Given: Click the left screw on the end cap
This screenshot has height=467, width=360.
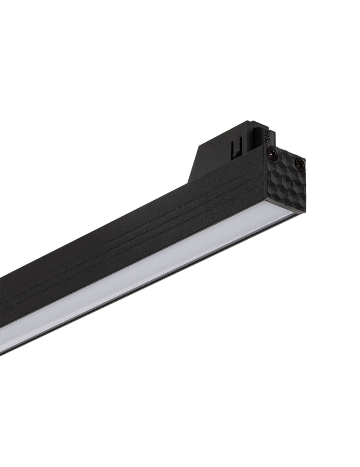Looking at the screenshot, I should click(271, 151).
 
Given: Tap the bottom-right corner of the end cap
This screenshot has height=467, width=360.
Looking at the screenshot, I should click(304, 212).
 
